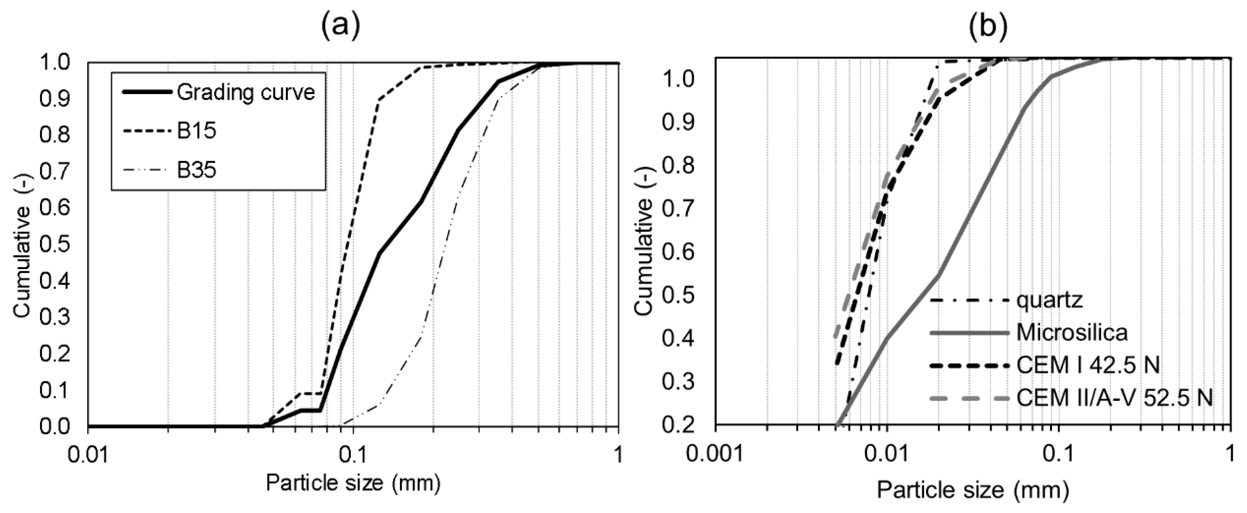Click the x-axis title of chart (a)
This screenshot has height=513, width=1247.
pos(353,484)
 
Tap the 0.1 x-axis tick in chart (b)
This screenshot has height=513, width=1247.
pos(1059,455)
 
